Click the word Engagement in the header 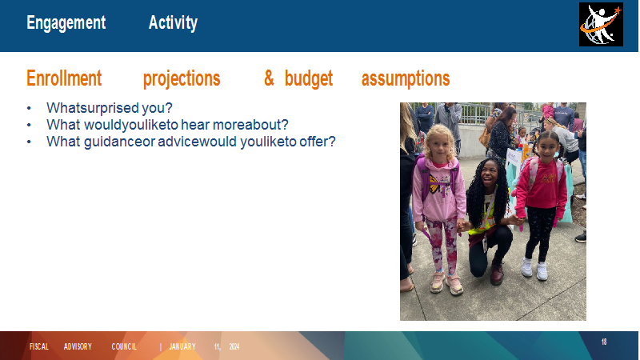tap(66, 23)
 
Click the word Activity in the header tap(173, 23)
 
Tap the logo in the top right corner tap(601, 25)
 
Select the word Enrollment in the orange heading tap(64, 78)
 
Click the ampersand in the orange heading tap(269, 78)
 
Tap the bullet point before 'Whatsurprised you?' tap(29, 108)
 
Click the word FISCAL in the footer tap(39, 347)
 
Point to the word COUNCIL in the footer tap(124, 347)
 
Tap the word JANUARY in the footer tap(182, 347)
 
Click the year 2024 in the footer tap(234, 347)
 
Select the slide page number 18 tap(604, 342)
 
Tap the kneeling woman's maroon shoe tap(497, 273)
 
